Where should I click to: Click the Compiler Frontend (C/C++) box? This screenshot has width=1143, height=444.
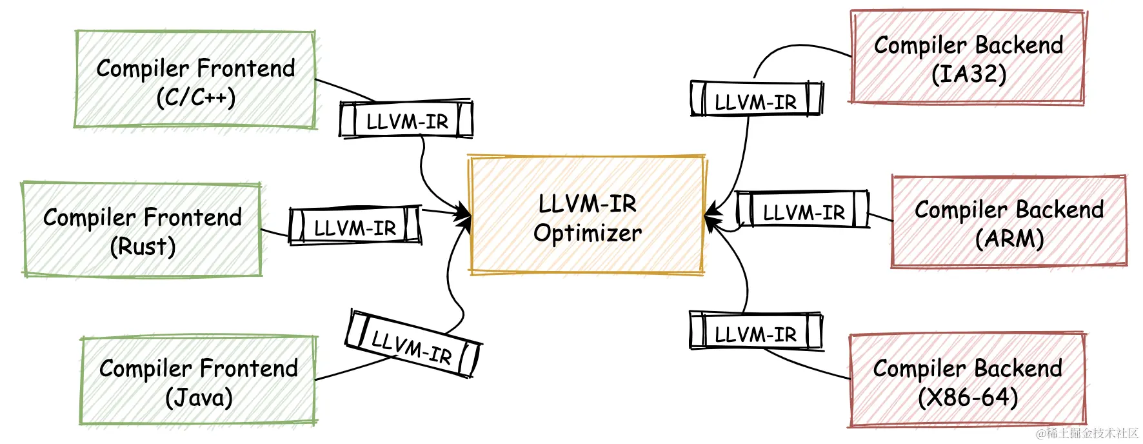(x=195, y=79)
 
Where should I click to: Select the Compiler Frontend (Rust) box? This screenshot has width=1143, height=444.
(x=142, y=230)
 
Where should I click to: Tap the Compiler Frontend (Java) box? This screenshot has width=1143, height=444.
(x=199, y=381)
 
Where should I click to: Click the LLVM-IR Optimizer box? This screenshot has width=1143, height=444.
(x=587, y=216)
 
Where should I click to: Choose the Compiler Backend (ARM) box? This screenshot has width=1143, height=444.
(x=1009, y=221)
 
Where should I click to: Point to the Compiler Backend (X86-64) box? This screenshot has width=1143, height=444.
(x=968, y=381)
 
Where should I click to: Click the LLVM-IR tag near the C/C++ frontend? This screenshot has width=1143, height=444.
(x=406, y=120)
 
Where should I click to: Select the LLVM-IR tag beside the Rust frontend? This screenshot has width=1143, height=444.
(x=355, y=227)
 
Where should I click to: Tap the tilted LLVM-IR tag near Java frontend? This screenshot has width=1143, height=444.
(x=413, y=345)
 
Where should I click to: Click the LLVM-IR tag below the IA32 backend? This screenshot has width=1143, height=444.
(x=756, y=100)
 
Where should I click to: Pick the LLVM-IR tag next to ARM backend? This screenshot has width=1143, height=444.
(x=803, y=210)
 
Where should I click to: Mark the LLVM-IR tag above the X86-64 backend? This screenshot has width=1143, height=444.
(x=756, y=332)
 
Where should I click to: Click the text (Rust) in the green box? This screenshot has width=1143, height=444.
(x=143, y=247)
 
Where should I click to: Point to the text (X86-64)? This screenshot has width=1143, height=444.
(x=968, y=397)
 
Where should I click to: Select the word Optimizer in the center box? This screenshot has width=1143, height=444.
(x=588, y=233)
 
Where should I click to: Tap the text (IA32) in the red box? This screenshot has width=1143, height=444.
(x=969, y=73)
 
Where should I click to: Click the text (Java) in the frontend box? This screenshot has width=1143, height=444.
(x=199, y=397)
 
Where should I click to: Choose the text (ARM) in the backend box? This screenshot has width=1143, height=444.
(x=1009, y=238)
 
